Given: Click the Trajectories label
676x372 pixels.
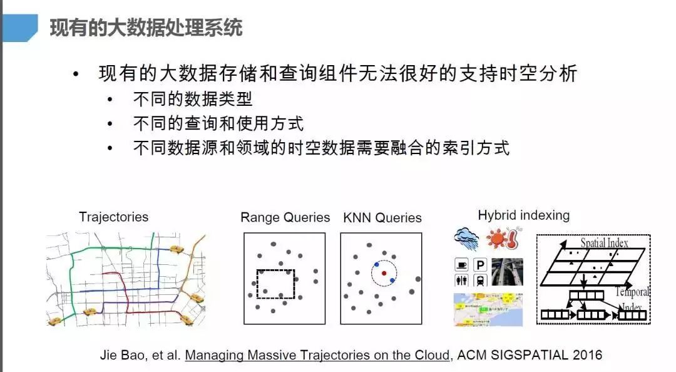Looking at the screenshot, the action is tap(113, 217).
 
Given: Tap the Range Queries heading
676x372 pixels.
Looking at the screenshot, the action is tap(285, 217).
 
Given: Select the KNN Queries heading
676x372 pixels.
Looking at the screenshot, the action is tap(382, 218).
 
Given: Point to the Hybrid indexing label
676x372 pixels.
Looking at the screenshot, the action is tap(523, 215).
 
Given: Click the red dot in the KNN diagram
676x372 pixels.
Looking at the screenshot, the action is tap(384, 273).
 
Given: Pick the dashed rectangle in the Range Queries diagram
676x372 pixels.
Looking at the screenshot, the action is tap(275, 284).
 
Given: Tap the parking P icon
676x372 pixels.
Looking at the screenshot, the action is tap(481, 265).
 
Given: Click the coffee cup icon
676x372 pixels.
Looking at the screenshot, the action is tap(462, 265).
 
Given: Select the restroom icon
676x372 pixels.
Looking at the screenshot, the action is tap(462, 281).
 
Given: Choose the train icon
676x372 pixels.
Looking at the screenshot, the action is tap(481, 281).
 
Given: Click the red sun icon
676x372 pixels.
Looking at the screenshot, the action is tap(497, 239).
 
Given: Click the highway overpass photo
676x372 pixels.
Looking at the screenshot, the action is tap(507, 272).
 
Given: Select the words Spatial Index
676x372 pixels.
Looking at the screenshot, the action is tap(604, 242).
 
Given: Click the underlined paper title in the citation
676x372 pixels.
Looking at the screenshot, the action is tap(317, 355).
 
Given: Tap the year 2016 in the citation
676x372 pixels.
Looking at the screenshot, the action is tap(587, 355).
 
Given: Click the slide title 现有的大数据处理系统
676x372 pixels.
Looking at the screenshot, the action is tap(145, 28).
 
